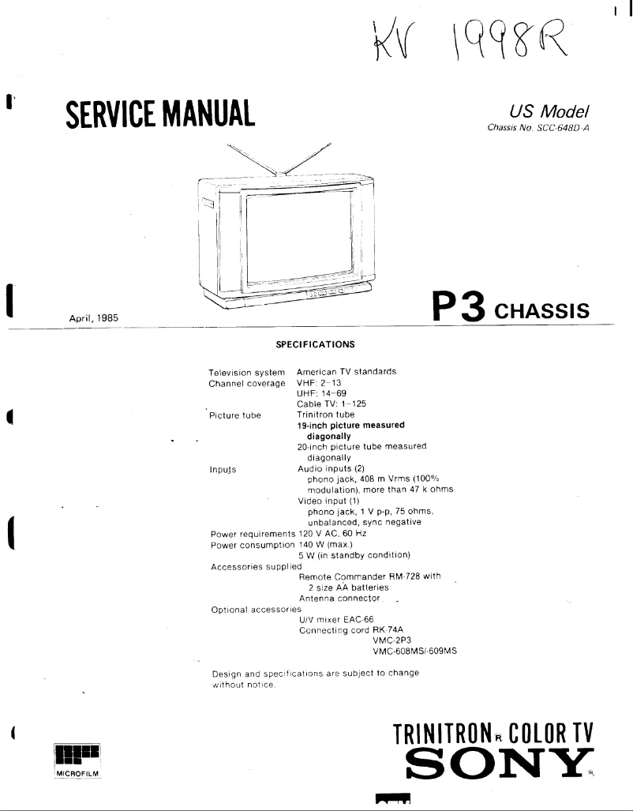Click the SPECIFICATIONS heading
315,344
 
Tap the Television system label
245,371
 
